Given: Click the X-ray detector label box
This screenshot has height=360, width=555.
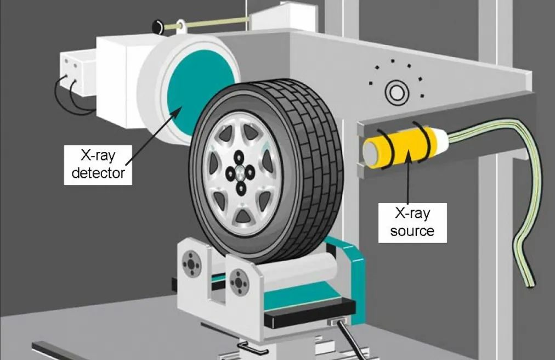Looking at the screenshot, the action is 98,165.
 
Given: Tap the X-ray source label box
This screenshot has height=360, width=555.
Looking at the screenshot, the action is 412,222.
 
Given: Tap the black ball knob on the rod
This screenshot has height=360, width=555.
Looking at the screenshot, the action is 157,27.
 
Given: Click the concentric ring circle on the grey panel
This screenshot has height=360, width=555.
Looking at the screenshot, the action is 397,92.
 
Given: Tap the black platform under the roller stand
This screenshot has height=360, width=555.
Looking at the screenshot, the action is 310,312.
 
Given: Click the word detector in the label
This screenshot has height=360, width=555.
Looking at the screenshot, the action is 98,173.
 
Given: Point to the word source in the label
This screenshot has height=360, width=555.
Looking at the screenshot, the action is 412,231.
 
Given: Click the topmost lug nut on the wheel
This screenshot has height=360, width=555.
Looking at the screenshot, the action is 240,156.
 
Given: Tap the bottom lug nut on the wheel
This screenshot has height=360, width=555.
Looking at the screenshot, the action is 242,188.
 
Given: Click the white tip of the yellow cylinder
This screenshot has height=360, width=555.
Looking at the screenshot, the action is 443,139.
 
